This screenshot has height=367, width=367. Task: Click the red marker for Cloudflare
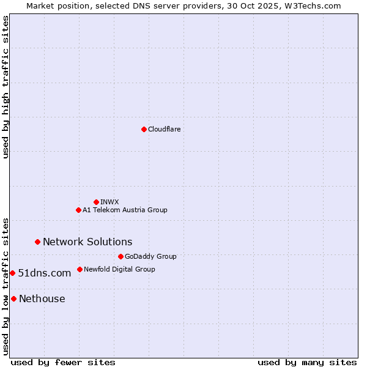pos(144,129)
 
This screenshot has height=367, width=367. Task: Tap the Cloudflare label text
pos(164,130)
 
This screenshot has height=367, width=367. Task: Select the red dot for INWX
pos(96,202)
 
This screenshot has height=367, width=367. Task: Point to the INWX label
pos(109,202)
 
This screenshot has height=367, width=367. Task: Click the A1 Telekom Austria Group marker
pos(78,210)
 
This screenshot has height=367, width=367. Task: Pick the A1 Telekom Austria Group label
pos(125,210)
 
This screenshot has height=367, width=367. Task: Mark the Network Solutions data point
pos(37,242)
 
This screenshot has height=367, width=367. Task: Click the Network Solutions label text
pos(87,242)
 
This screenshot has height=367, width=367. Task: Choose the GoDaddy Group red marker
pos(120,256)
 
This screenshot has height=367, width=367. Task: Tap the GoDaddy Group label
pos(150,257)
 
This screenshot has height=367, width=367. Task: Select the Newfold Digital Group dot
pos(80,269)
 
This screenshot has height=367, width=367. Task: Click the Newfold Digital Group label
pos(119,270)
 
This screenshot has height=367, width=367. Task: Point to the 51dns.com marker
pos(12,273)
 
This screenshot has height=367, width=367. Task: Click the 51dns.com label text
pos(45,273)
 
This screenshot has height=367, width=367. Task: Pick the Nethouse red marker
pos(13,298)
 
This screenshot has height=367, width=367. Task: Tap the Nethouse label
pos(42,299)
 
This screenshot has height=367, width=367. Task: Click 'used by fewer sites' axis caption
pos(63,362)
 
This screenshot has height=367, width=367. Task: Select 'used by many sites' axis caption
pos(307,362)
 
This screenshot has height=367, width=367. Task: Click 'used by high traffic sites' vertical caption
pos(6,87)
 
